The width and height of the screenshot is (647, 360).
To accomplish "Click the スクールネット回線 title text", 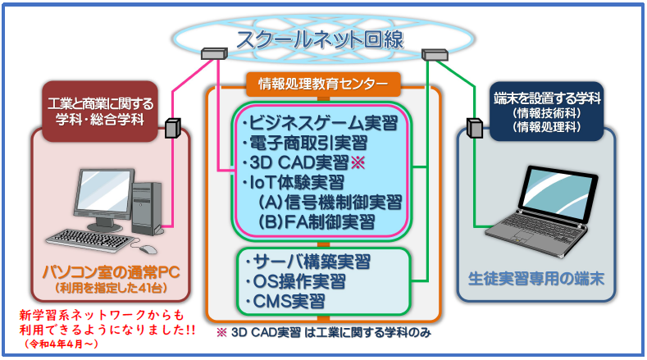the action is [x=320, y=40].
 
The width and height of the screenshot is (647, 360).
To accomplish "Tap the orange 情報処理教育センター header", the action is [x=323, y=84].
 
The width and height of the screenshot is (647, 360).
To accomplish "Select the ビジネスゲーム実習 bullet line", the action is [x=320, y=123].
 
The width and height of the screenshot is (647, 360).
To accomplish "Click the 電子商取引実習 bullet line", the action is [x=305, y=143].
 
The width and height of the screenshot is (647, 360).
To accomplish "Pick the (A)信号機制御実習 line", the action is [x=330, y=203].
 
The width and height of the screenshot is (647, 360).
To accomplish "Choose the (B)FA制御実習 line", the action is [x=317, y=222].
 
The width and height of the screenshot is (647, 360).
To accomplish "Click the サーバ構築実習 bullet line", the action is [x=308, y=262].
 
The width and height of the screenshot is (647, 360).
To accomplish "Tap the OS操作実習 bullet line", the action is [x=295, y=281].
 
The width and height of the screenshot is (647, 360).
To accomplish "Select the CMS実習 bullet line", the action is [x=285, y=302].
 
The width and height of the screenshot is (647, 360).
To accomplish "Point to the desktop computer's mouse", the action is [x=148, y=249].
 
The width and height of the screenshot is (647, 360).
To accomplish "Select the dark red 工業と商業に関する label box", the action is [x=100, y=112].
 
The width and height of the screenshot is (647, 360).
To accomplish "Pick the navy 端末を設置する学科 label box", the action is [x=547, y=112].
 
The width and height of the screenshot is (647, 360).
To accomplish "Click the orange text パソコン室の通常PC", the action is [x=112, y=272].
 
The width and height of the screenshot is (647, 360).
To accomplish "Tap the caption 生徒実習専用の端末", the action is [x=536, y=279].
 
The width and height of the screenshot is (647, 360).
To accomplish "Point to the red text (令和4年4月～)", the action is [x=61, y=344].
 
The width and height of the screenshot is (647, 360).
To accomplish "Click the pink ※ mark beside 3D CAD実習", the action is [x=358, y=162].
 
